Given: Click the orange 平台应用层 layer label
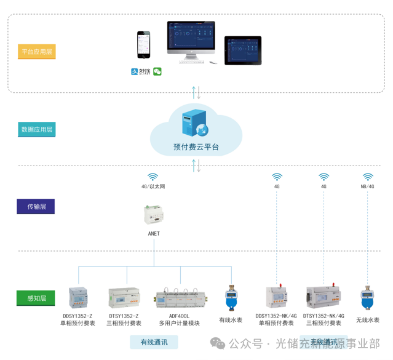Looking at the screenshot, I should [x=35, y=52].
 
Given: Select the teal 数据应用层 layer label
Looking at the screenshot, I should [x=36, y=129].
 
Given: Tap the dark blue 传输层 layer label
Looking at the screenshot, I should [x=36, y=206].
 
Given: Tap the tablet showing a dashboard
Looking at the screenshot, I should [x=242, y=50].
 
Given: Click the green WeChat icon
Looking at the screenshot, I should [x=157, y=72].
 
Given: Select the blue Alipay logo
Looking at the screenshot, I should [x=141, y=72].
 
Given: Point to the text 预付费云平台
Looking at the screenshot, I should [x=196, y=148].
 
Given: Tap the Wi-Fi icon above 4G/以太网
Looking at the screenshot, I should [x=153, y=176].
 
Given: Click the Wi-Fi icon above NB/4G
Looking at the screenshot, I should [x=367, y=176].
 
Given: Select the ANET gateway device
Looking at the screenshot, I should [x=154, y=216].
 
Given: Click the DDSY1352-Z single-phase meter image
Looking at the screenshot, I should [x=77, y=299].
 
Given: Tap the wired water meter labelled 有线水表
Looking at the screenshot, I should [x=231, y=298].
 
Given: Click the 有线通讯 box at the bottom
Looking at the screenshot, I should [x=154, y=342].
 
